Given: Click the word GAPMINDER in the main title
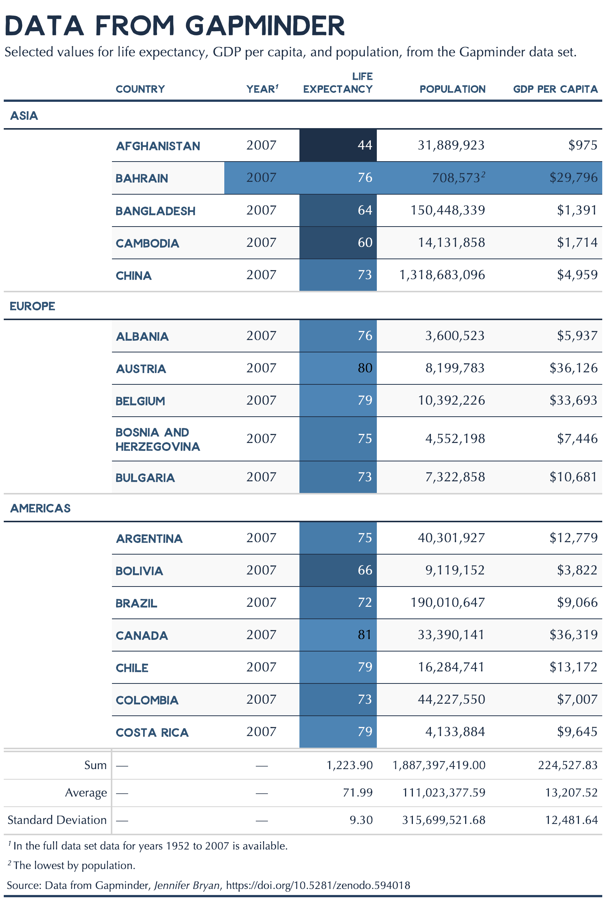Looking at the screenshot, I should (265, 26).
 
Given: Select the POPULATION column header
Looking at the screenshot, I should (452, 89).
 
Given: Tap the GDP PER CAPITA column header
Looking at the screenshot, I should (555, 89).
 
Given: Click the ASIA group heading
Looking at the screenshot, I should (24, 116).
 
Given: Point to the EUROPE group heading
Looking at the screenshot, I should (32, 306).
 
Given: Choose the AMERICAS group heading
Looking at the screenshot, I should (41, 508).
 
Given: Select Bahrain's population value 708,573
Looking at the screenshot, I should (456, 178).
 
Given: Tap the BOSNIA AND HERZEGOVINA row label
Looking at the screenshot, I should (158, 439).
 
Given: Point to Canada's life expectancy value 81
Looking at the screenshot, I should (364, 635).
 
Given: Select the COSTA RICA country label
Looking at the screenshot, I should (152, 732).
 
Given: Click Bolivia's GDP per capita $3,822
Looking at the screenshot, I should (577, 570).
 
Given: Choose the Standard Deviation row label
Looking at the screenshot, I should (57, 820).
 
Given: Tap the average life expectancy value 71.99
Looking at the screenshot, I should (358, 792).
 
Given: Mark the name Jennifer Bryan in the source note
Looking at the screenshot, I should (187, 885).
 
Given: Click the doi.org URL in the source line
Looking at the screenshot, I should (318, 885).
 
